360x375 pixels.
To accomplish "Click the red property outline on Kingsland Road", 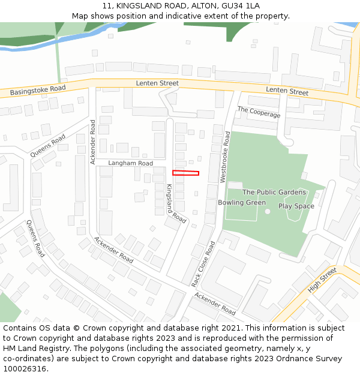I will click(x=185, y=173).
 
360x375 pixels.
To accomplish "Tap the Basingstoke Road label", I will click(x=38, y=91).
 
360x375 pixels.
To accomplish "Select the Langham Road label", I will click(x=130, y=163).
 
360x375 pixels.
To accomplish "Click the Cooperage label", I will click(x=259, y=112).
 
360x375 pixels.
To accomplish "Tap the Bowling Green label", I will click(x=242, y=203).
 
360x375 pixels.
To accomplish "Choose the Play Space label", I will click(x=296, y=206).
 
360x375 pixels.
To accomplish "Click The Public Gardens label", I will click(x=274, y=192).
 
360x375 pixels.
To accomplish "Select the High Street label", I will click(x=322, y=280).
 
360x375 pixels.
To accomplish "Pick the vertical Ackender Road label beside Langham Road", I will click(x=93, y=142).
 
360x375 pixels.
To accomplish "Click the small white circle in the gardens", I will click(x=268, y=211).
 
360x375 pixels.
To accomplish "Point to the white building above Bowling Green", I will click(x=235, y=185).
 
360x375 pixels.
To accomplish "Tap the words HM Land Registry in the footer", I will click(x=35, y=349).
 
